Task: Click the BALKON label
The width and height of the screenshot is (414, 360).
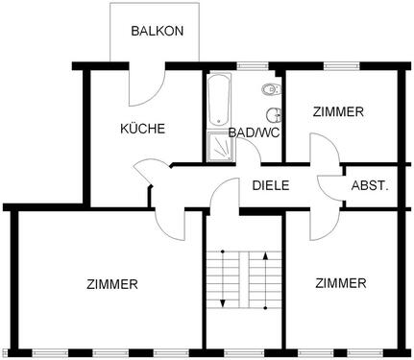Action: tap(158, 30)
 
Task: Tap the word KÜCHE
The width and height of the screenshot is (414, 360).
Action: tap(142, 129)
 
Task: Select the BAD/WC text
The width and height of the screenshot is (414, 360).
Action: tap(255, 132)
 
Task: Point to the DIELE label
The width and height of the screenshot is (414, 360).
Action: tap(271, 185)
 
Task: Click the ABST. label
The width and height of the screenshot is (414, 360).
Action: tap(370, 185)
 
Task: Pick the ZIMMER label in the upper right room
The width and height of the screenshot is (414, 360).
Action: tap(338, 112)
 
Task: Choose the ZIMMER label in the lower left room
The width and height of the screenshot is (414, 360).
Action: tap(112, 284)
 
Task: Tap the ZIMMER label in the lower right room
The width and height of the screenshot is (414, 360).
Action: tap(340, 283)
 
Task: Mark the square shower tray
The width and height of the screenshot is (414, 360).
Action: tap(220, 146)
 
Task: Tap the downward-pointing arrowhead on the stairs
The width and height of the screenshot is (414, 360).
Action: tap(224, 301)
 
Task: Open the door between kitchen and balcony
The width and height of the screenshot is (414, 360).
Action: tap(144, 89)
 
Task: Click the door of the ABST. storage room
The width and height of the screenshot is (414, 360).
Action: tap(332, 186)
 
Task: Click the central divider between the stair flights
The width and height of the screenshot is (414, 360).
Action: tap(243, 278)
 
